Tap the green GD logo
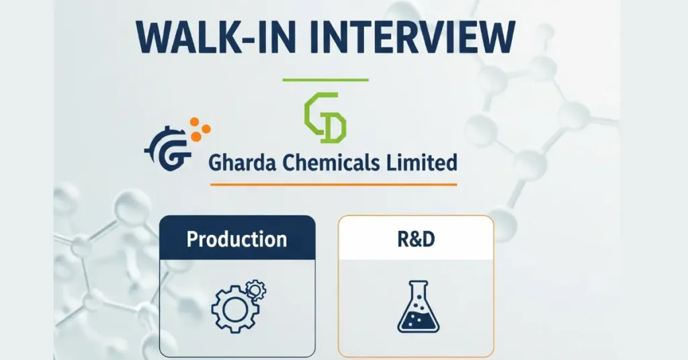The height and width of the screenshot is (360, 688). [325, 118]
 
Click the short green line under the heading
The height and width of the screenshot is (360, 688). [325, 80]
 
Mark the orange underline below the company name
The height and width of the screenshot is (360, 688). [333, 184]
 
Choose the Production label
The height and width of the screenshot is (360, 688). [236, 238]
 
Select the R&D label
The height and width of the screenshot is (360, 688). [415, 238]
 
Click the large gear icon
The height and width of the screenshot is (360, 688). [231, 310]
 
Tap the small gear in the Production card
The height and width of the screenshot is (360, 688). [255, 290]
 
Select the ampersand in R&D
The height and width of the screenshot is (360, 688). [415, 238]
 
